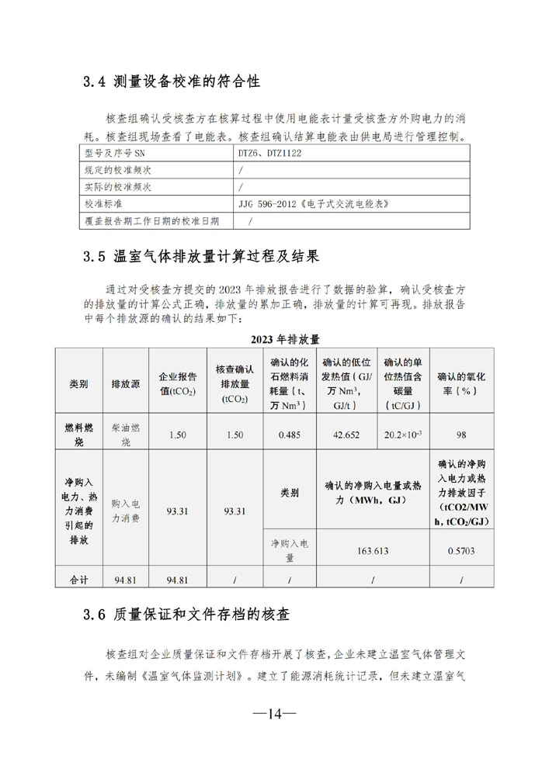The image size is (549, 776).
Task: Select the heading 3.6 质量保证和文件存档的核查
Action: click(x=186, y=615)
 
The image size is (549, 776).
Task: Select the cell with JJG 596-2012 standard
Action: click(x=314, y=204)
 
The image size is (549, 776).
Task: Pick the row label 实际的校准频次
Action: click(x=117, y=187)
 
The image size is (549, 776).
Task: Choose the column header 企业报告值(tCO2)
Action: click(x=177, y=384)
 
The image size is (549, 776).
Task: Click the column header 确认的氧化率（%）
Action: click(x=464, y=384)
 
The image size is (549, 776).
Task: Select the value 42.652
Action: click(x=346, y=435)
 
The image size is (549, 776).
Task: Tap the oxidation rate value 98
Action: click(x=463, y=435)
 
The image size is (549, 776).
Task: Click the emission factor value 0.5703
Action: click(x=463, y=551)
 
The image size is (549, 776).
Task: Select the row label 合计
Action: click(x=79, y=579)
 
